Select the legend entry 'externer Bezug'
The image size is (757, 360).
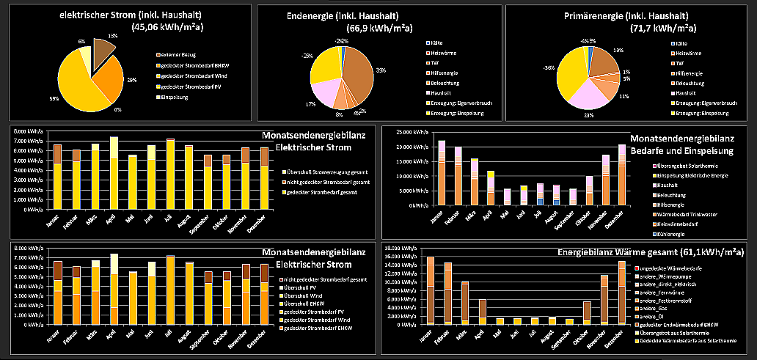click(178, 56)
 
